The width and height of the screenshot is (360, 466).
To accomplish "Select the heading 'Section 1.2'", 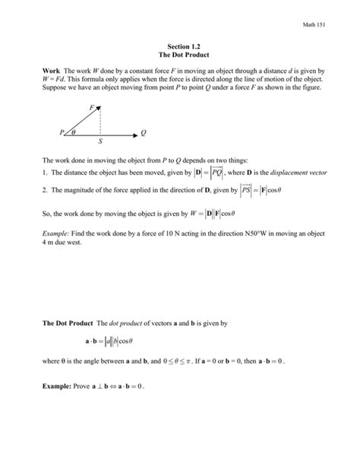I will pyautogui.click(x=181, y=47).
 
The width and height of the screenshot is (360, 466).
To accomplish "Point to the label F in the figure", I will pyautogui.click(x=92, y=109).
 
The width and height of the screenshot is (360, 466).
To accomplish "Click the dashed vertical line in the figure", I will pyautogui.click(x=99, y=122).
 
